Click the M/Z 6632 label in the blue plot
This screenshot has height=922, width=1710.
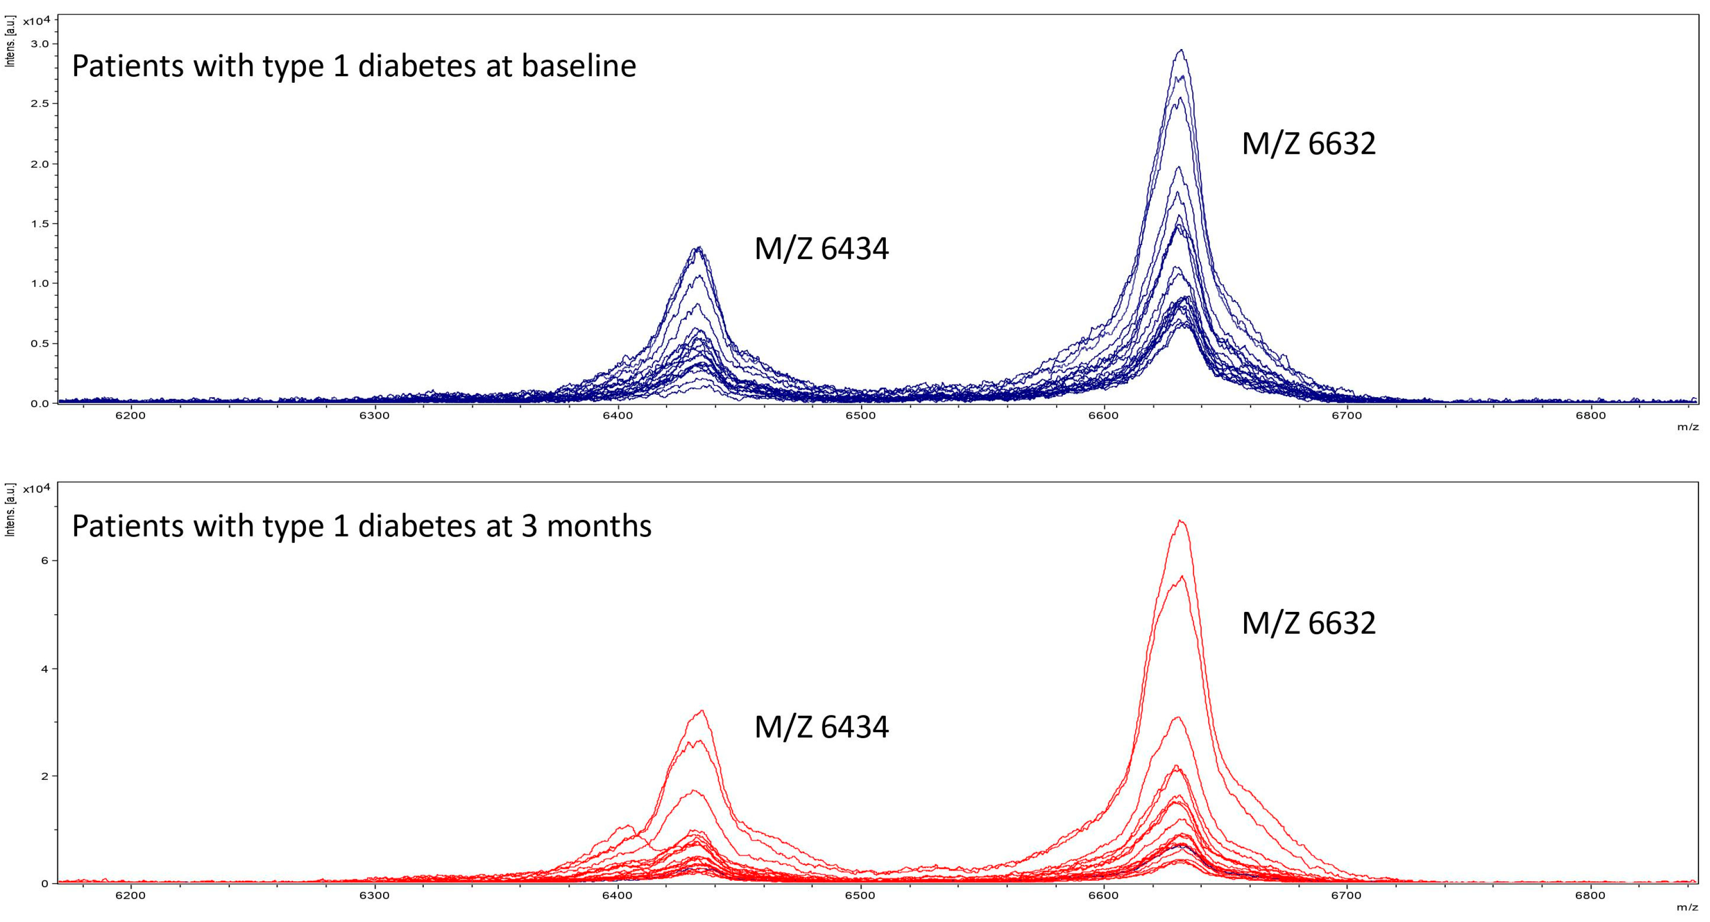pos(1308,144)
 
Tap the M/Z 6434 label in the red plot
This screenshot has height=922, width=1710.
pos(821,727)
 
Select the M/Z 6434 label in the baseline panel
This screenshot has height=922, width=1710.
pos(821,249)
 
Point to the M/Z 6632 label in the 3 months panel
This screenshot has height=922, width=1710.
pos(1308,623)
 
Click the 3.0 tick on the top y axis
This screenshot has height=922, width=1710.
pos(40,44)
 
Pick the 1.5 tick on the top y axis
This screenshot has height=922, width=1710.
pos(40,224)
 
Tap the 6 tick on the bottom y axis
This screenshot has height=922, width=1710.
pos(44,560)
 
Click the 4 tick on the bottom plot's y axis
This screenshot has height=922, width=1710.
pos(44,668)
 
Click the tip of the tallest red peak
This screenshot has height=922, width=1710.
pos(1180,521)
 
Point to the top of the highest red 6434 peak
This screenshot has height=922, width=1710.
pos(701,711)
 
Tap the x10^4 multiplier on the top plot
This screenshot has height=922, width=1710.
pos(36,21)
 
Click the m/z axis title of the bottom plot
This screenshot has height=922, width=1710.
pos(1687,907)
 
